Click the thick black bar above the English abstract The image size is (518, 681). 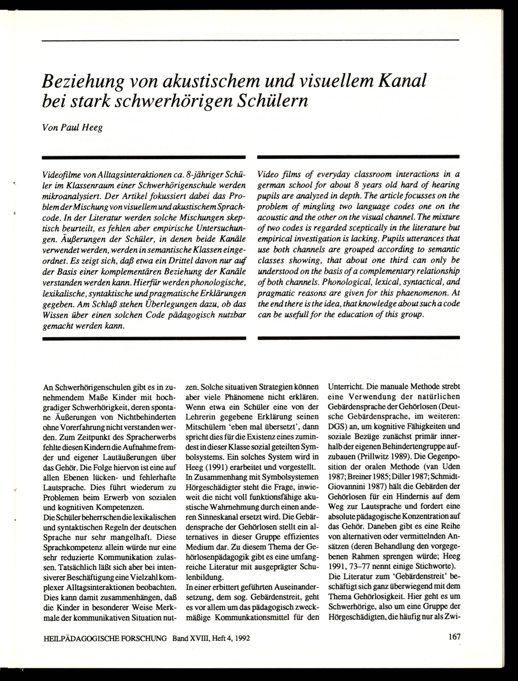coord(358,157)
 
